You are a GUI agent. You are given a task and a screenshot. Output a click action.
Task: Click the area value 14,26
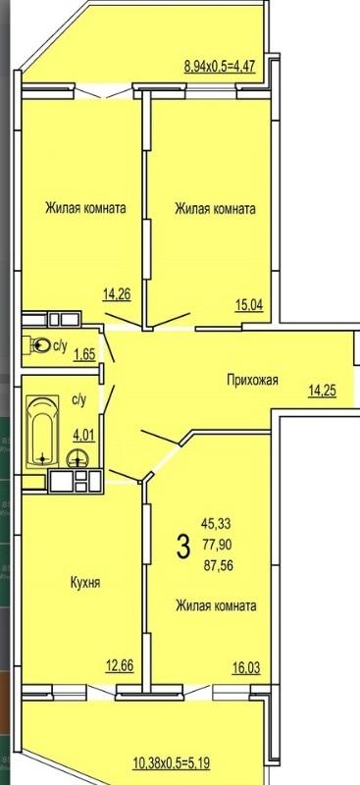click(117, 293)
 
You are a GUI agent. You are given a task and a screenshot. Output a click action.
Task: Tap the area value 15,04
click(249, 304)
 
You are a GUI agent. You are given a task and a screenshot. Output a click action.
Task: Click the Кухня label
click(85, 583)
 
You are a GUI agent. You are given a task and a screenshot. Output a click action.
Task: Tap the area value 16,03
click(246, 668)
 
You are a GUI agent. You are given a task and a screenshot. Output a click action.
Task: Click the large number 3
click(183, 547)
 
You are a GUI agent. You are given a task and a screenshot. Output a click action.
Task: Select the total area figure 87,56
click(218, 566)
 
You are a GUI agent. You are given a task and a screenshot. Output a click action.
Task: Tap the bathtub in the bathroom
click(42, 431)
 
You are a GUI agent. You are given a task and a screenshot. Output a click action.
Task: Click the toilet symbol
click(39, 345)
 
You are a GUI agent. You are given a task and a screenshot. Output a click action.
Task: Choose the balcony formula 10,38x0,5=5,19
click(172, 763)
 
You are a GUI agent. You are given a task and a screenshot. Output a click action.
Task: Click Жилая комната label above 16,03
click(216, 606)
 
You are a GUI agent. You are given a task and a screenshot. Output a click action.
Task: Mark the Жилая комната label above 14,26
click(85, 208)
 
